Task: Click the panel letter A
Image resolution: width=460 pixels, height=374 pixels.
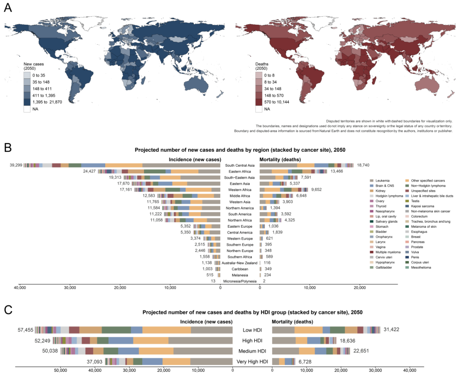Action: point(8,8)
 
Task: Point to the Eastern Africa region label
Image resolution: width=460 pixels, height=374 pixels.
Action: point(240,171)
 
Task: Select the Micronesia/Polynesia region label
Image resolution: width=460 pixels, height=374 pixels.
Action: point(239,281)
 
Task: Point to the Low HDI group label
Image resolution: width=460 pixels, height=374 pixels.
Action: point(252,330)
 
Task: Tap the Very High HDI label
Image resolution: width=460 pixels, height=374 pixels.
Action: point(252,362)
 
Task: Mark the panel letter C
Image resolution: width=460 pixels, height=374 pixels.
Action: point(8,310)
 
